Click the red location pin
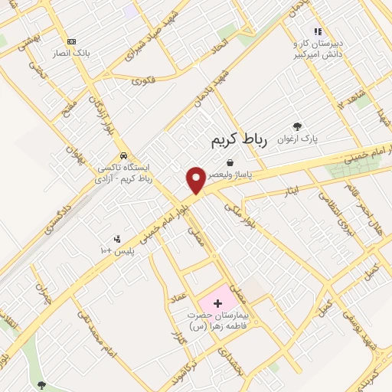196,181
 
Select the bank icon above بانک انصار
72,41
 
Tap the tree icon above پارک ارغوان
298,126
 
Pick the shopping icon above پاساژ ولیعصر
230,162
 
